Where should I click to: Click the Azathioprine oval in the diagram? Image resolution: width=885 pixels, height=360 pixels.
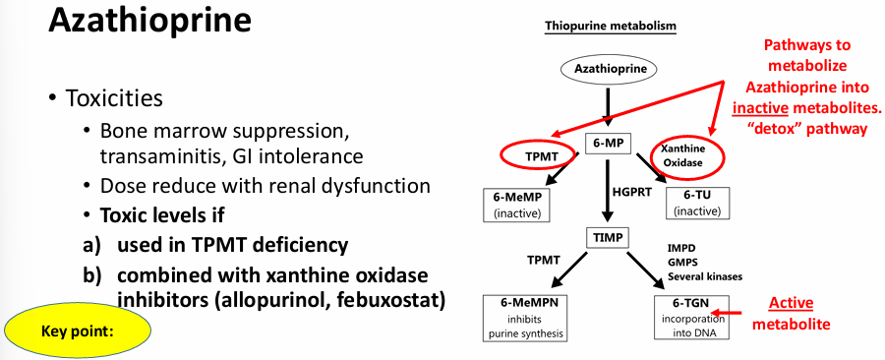click(611, 69)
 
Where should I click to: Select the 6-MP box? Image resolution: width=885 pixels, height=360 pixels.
click(607, 144)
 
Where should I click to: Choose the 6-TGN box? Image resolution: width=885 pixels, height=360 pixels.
click(699, 317)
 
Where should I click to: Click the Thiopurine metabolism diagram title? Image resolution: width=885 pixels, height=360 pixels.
click(611, 25)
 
